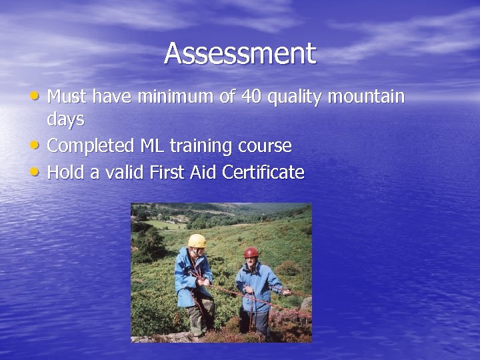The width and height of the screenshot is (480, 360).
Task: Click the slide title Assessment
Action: coord(240,53)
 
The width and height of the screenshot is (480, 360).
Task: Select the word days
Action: coord(65,120)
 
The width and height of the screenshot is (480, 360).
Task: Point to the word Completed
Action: coord(91,145)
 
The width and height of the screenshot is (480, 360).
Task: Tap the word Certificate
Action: coord(263,173)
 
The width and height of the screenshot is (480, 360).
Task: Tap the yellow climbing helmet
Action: coord(197,240)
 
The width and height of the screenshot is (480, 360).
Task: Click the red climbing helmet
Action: coord(251,252)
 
